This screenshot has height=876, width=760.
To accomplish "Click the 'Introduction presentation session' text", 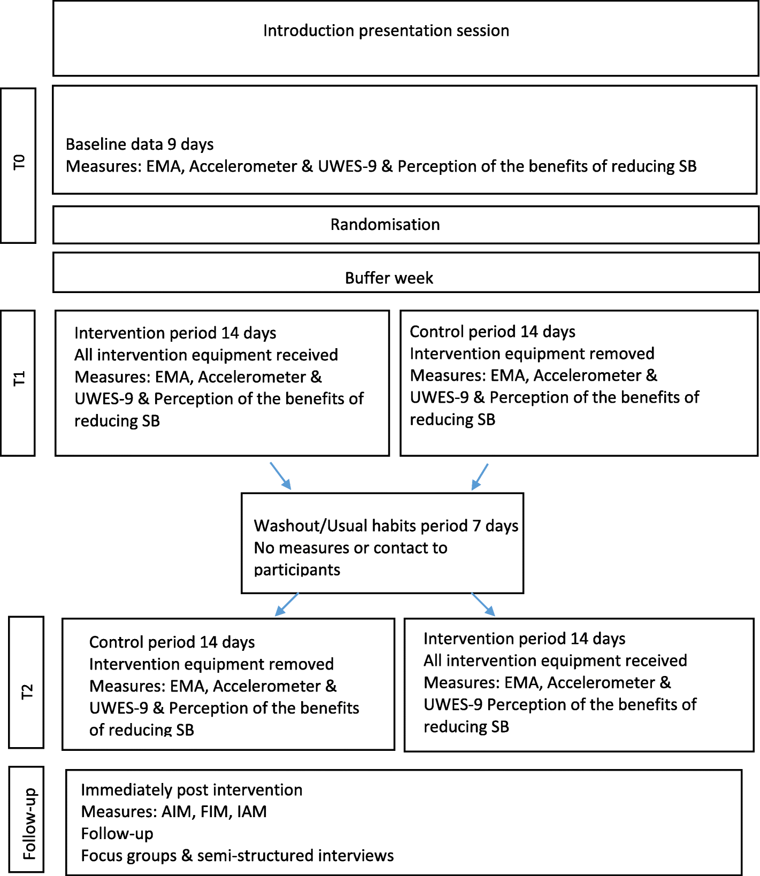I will tap(386, 30).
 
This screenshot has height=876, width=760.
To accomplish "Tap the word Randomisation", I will tap(385, 225).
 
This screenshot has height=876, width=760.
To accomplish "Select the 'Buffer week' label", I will tap(389, 278).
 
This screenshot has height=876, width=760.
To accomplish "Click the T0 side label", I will tap(19, 162).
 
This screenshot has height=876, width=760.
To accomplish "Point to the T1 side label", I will tap(19, 379).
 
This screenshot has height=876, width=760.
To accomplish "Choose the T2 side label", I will tap(27, 691).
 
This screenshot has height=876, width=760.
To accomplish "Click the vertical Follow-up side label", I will tap(29, 823).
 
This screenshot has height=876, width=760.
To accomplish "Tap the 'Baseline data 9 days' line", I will tap(140, 144).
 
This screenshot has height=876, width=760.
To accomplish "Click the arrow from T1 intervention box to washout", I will tap(281, 476).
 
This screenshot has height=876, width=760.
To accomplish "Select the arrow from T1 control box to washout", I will tap(480, 477).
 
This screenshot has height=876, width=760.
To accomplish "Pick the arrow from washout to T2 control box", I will tap(287, 604).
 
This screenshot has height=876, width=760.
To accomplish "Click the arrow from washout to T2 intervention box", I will tap(483, 604).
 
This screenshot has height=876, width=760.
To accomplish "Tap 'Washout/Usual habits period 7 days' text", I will tap(386, 526).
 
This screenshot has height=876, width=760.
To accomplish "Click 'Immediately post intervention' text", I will tap(191, 790).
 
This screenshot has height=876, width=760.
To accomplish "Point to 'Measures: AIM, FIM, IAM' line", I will tap(174, 812).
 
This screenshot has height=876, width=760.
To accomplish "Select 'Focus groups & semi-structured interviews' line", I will tap(237, 856).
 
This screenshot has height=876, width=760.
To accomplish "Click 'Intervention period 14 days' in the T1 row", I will tap(175, 333).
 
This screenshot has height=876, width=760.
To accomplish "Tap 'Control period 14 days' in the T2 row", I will tap(172, 642).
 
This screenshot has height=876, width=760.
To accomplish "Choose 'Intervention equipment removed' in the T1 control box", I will tap(532, 354).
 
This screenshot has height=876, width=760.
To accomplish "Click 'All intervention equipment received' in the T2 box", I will tap(555, 661).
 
